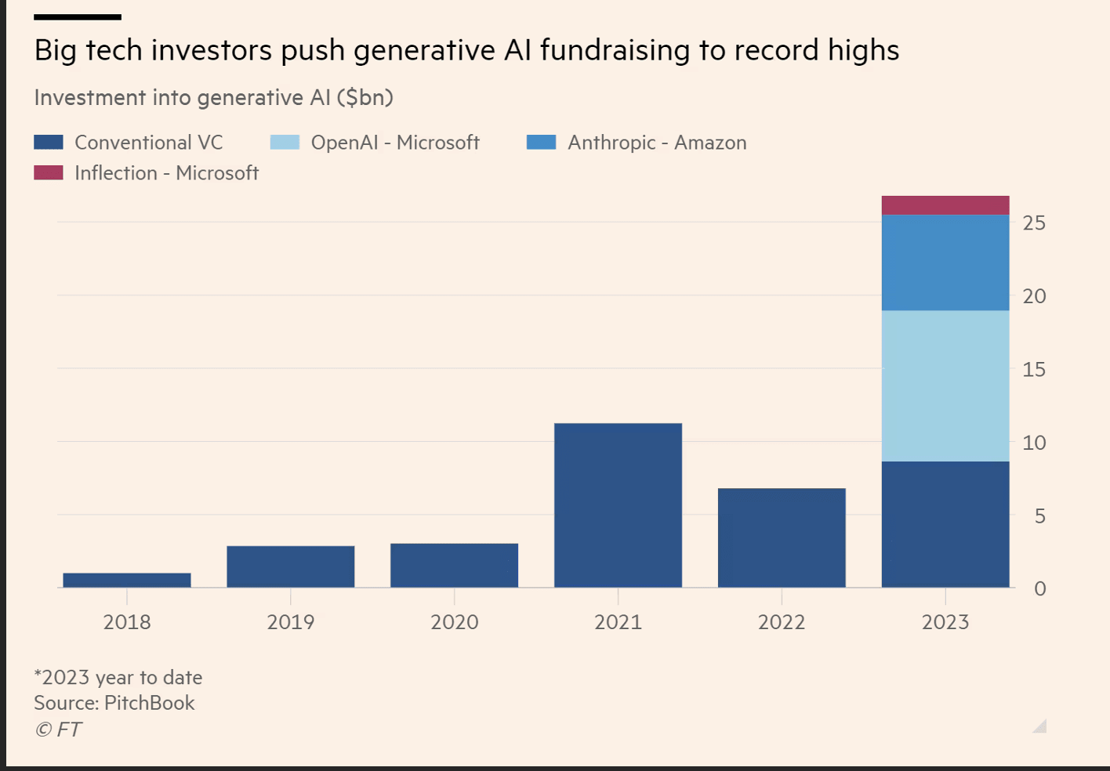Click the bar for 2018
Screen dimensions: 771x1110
[127, 580]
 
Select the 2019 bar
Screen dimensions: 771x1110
[291, 566]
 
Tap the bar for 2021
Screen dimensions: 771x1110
[618, 505]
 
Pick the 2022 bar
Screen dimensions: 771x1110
[782, 538]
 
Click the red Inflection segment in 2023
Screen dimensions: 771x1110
[945, 205]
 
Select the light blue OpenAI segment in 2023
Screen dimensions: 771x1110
[945, 385]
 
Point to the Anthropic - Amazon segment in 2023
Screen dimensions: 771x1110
[945, 262]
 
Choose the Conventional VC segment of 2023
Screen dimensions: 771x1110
[945, 524]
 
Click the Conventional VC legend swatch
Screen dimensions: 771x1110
[49, 143]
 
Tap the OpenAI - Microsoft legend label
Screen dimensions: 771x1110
[395, 143]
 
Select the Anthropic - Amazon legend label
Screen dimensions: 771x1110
[657, 143]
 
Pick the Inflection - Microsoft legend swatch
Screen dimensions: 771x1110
[49, 173]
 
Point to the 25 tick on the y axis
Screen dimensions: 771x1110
[1034, 223]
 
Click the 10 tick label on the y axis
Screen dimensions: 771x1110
[1034, 443]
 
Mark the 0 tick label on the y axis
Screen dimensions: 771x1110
[1039, 588]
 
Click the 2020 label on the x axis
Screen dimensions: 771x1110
[454, 622]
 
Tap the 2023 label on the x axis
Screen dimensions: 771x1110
[945, 622]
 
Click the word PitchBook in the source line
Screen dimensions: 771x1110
[149, 703]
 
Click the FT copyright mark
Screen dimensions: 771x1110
[58, 729]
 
